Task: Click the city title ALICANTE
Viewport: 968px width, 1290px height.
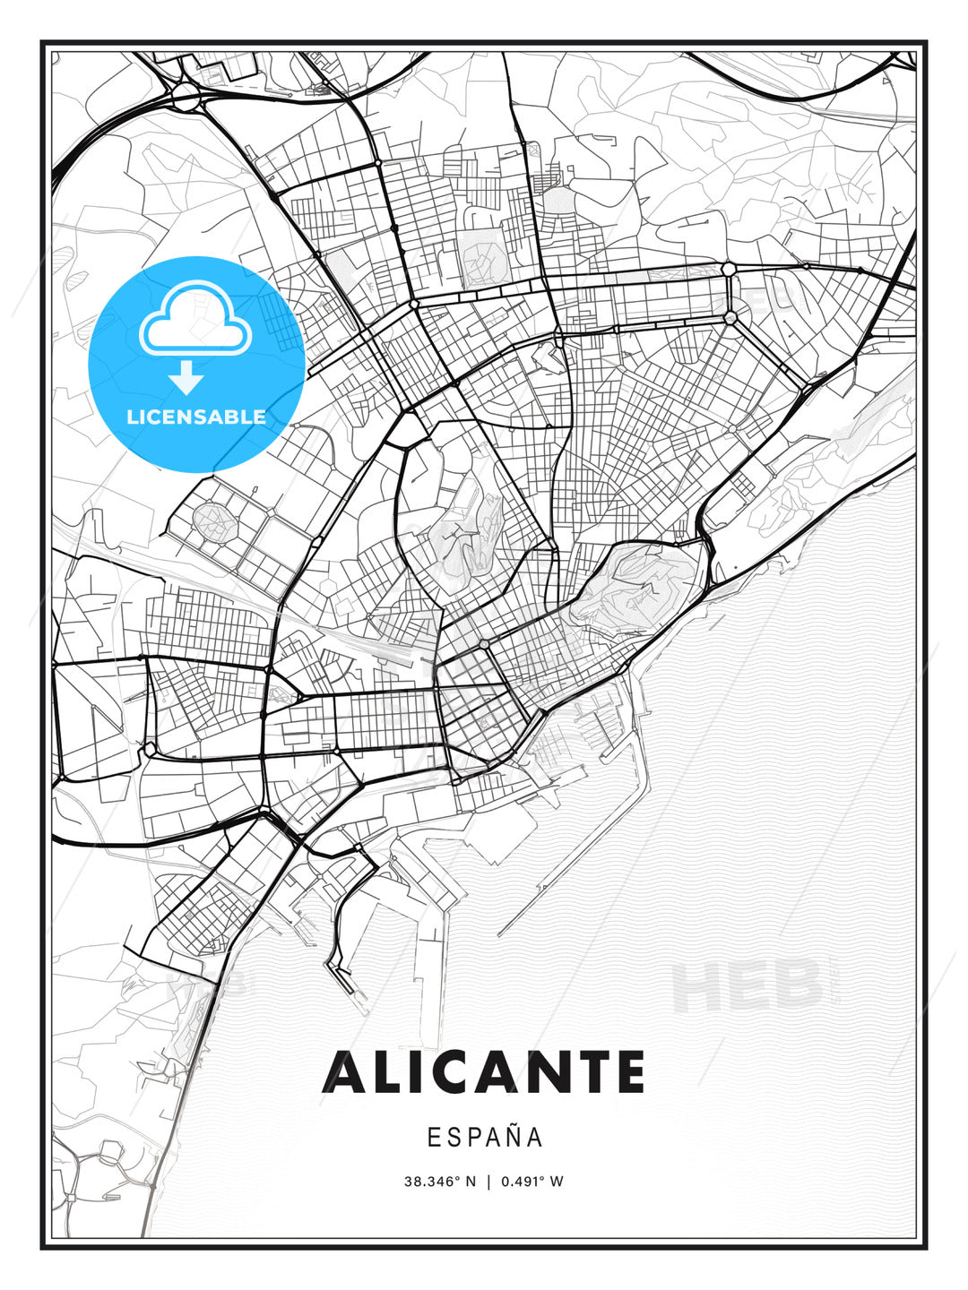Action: (x=484, y=1072)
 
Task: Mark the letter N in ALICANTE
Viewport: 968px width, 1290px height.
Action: (x=546, y=1072)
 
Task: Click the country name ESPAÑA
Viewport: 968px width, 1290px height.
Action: (x=485, y=1137)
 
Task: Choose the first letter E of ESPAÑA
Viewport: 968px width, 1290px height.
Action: (x=433, y=1137)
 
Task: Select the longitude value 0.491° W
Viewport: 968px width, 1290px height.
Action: (x=532, y=1181)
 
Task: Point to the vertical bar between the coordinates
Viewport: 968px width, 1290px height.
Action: (x=488, y=1181)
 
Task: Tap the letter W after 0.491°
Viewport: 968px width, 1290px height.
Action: (x=557, y=1181)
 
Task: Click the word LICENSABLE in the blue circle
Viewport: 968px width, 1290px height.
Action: (x=196, y=417)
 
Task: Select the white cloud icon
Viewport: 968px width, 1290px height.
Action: (x=194, y=320)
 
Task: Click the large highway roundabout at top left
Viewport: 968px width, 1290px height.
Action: (x=186, y=96)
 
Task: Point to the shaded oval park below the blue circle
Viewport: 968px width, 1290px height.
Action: (x=213, y=520)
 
